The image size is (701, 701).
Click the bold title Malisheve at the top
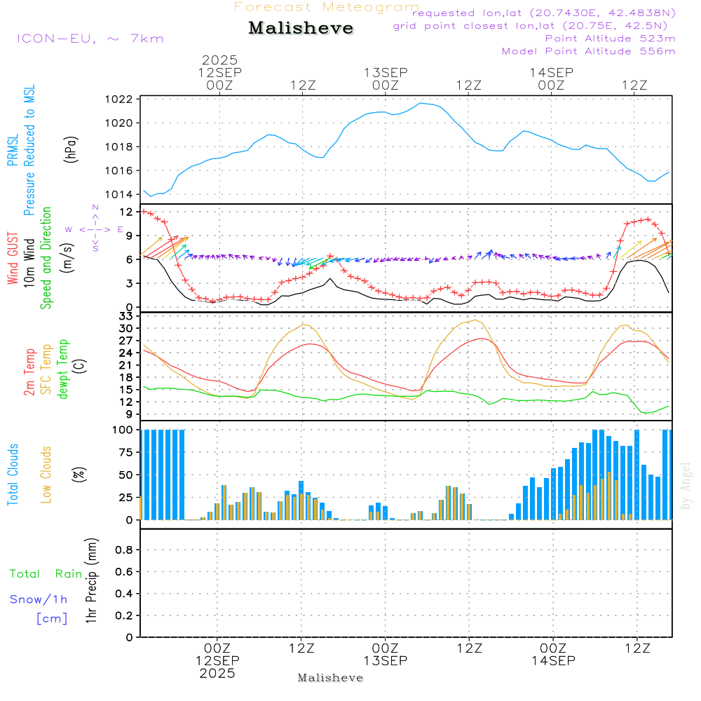301,29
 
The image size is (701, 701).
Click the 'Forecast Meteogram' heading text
327,7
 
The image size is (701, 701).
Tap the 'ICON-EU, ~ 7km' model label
90,38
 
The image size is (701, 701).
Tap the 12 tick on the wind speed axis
125,211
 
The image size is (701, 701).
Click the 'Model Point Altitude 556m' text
588,51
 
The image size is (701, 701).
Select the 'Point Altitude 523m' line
610,39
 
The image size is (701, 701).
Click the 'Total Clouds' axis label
13,475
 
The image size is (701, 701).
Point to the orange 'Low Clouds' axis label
46,475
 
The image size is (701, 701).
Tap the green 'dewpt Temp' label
63,369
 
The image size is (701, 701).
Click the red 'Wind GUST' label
13,260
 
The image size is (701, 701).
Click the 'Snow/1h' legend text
39,599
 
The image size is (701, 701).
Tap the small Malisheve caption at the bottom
331,678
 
